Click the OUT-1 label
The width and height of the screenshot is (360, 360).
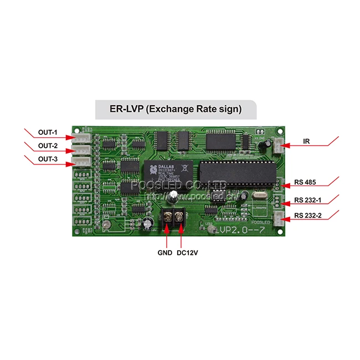click(x=48, y=133)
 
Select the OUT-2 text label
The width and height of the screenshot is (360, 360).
click(x=48, y=146)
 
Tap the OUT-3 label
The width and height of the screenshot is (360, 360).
click(x=48, y=160)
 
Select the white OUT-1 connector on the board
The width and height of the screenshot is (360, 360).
click(x=82, y=138)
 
